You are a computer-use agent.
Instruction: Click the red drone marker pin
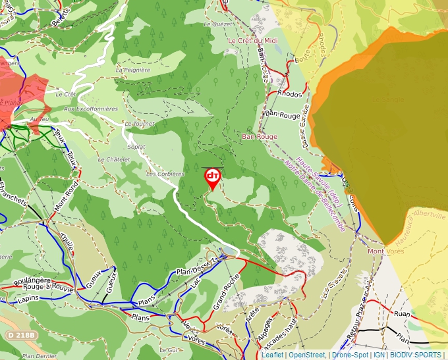[213, 177]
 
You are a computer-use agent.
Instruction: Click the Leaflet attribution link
[273, 355]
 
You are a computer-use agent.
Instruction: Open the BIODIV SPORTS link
[415, 355]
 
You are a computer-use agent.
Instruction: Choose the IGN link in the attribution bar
[379, 355]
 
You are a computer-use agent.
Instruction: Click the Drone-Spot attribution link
[350, 355]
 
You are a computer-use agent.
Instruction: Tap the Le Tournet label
[138, 124]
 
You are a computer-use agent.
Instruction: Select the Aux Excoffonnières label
[91, 109]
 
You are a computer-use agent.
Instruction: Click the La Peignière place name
[133, 70]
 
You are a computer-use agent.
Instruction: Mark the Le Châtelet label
[111, 159]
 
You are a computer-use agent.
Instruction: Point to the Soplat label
[136, 147]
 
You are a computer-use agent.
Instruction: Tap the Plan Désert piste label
[193, 270]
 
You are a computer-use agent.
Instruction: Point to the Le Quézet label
[219, 24]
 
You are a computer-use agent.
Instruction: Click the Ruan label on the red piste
[401, 315]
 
